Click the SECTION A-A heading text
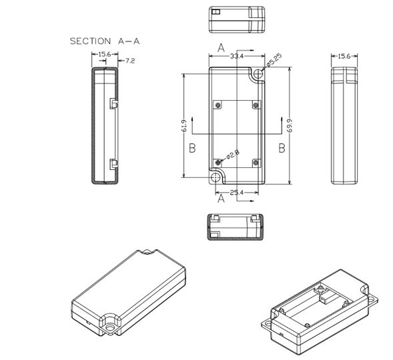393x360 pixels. click(x=105, y=41)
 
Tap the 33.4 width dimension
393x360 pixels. click(x=236, y=57)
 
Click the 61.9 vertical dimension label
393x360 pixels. click(x=183, y=125)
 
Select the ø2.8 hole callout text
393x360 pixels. click(x=232, y=155)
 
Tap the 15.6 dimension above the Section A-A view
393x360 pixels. click(x=104, y=55)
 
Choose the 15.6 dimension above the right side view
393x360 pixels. click(x=344, y=56)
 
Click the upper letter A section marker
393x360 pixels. click(x=221, y=48)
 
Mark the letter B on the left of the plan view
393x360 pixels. click(x=192, y=148)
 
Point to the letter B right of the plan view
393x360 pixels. click(x=282, y=148)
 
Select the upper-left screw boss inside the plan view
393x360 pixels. click(x=218, y=105)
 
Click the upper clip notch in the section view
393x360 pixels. click(x=113, y=104)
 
